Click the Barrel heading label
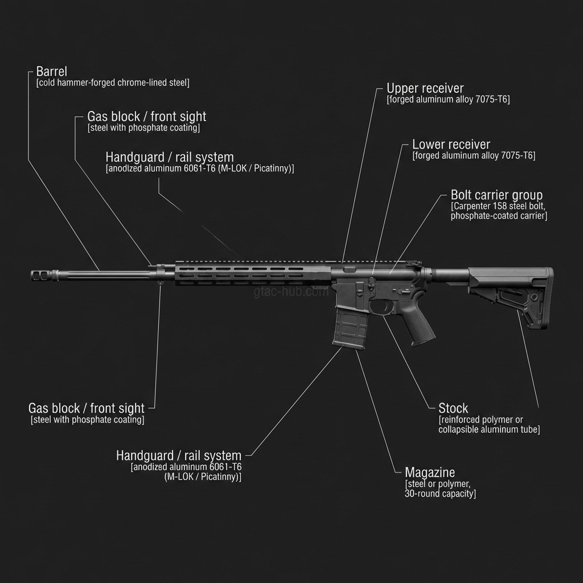pos(51,72)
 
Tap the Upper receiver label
pos(425,88)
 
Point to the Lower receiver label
pos(451,145)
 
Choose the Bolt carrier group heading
pos(496,195)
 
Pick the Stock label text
pos(453,408)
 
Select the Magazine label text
pos(430,472)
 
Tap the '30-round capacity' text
pos(440,494)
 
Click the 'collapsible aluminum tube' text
pos(489,430)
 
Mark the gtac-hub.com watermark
pos(291,292)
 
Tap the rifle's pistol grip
pos(419,321)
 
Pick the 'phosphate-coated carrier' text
pos(499,216)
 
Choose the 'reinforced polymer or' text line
pos(481,420)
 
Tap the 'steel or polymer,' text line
pos(438,483)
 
